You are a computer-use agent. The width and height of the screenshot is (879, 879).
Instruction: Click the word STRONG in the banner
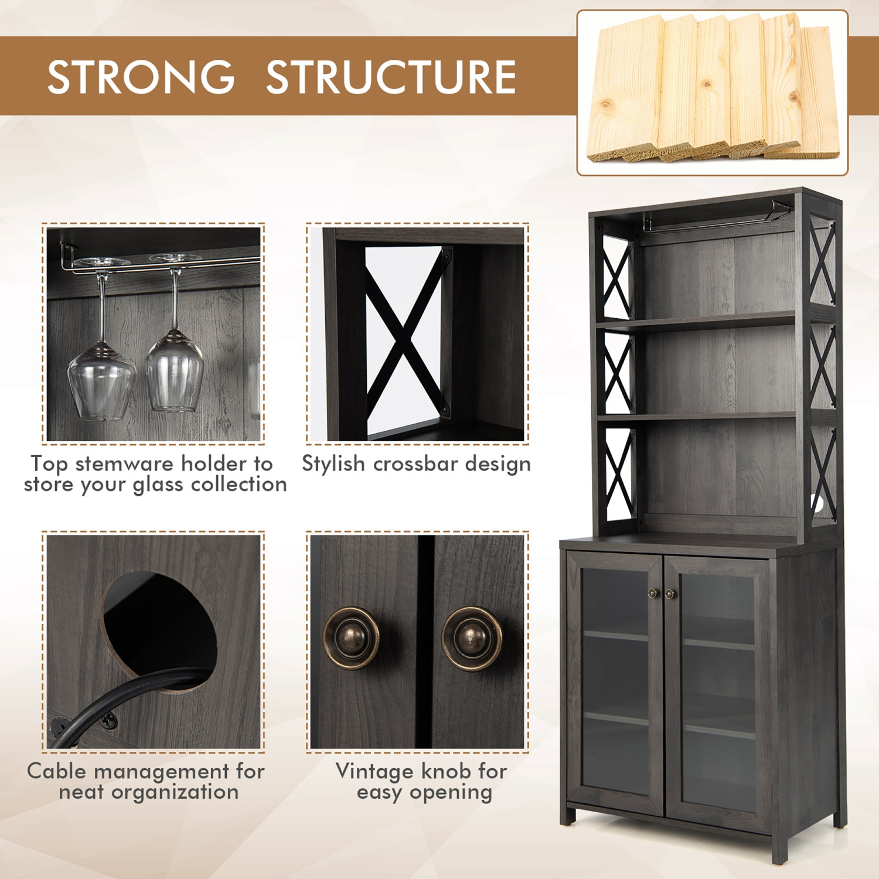(x=141, y=77)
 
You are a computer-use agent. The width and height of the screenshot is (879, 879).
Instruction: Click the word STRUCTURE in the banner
(x=391, y=77)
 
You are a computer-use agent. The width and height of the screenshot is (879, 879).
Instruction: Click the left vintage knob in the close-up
(x=352, y=638)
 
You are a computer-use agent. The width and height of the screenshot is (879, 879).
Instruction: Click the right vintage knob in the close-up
(x=472, y=638)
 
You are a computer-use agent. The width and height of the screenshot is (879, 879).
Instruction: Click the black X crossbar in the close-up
(x=404, y=334)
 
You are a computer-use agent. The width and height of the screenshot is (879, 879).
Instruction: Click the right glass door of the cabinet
(x=718, y=691)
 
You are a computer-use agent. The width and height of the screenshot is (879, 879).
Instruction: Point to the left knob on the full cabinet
(x=653, y=594)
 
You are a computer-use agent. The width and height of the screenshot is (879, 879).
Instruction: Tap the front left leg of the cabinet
(x=567, y=815)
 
